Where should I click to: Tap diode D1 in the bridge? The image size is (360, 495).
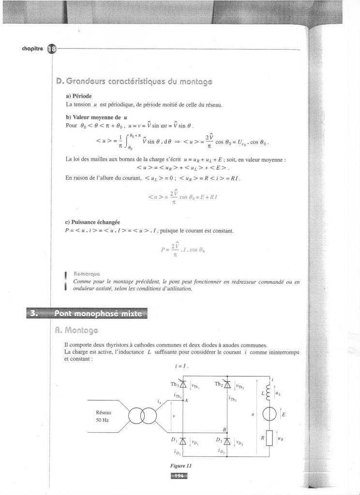pyautogui.click(x=183, y=441)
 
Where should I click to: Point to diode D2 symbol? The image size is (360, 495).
pyautogui.click(x=226, y=441)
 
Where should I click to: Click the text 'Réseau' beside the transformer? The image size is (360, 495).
pyautogui.click(x=104, y=412)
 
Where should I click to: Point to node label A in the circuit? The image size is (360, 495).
pyautogui.click(x=186, y=400)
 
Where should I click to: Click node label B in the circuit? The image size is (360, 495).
pyautogui.click(x=224, y=429)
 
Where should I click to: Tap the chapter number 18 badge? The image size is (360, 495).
pyautogui.click(x=51, y=49)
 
